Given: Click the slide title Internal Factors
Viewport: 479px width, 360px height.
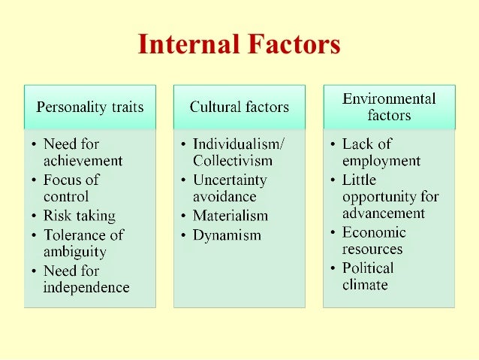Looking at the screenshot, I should [x=239, y=44].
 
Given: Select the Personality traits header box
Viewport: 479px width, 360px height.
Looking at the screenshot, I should [x=90, y=107].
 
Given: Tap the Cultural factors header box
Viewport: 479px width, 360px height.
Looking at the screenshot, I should [x=239, y=107].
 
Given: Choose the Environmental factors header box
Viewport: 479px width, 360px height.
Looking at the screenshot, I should [x=389, y=107].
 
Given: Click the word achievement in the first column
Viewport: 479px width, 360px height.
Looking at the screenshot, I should [x=83, y=161].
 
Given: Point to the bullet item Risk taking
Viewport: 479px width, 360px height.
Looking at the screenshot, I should [x=80, y=216].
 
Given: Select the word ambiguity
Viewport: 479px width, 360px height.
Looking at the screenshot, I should [x=74, y=252].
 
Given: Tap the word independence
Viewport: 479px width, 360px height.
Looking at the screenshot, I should [x=86, y=288].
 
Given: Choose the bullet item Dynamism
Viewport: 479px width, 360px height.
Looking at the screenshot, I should [x=227, y=235].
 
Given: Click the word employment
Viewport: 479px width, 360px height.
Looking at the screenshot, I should [x=381, y=161].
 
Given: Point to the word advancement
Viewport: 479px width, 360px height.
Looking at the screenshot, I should [x=384, y=213].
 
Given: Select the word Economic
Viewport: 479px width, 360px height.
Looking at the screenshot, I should [x=374, y=232].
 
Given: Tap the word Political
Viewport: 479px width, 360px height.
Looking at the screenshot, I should [x=368, y=268].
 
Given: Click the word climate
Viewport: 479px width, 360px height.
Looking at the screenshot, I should [x=365, y=286].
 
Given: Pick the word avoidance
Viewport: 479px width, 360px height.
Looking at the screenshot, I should [x=224, y=197].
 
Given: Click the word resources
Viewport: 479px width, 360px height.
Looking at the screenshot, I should [x=372, y=250].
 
